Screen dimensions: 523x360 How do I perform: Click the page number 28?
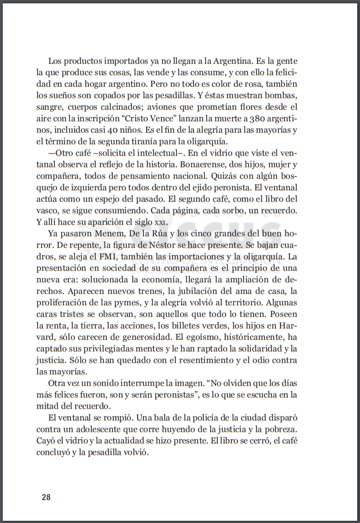46,497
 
